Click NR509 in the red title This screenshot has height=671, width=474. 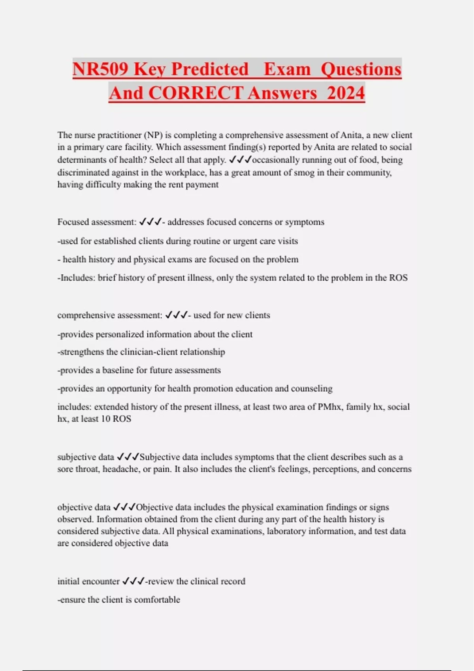click(x=100, y=69)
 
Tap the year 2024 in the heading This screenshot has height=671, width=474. click(x=346, y=94)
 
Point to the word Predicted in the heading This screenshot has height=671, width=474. click(x=210, y=69)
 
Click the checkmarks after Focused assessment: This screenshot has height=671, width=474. click(x=150, y=222)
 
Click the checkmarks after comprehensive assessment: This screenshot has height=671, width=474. click(x=176, y=315)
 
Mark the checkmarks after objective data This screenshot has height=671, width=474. click(x=124, y=507)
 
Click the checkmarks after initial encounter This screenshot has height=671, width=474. click(x=134, y=581)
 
